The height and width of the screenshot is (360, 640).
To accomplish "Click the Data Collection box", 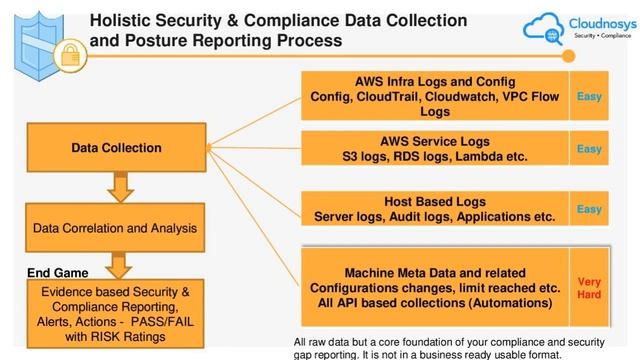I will coord(116,148).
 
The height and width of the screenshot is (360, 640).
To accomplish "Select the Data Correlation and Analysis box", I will coord(116,228).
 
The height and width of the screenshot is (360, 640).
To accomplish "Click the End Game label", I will coord(56,271).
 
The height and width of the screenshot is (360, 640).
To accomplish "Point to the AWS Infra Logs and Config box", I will coord(435,96).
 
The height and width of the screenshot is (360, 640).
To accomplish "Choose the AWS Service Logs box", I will coord(435,149).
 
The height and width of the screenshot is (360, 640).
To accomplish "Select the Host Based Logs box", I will coord(435,209).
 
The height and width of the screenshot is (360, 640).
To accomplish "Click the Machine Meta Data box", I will coord(435,287).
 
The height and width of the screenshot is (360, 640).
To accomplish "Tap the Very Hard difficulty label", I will coord(589,288).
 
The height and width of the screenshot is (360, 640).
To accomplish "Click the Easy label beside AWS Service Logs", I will coord(589,149).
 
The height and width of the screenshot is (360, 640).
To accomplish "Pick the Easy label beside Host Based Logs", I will coord(589,209).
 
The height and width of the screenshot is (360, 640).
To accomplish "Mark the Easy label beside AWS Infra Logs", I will coord(589,96).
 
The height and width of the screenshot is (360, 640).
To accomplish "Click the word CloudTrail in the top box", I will coord(412,96).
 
